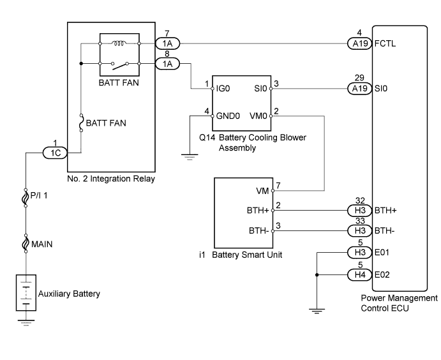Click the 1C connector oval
tap(55, 153)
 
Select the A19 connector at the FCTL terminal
tap(360, 43)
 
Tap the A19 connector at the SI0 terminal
tap(360, 89)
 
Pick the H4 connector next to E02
tap(360, 274)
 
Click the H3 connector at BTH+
tap(360, 211)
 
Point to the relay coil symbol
tap(119, 43)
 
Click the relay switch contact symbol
tap(119, 65)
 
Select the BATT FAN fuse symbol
tap(81, 123)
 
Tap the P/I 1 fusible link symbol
tap(26, 198)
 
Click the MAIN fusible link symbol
tap(26, 244)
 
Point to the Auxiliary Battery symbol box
tap(26, 292)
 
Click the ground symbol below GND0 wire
tap(190, 157)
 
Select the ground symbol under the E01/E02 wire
tap(317, 311)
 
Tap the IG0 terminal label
tap(223, 89)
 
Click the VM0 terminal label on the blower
tap(258, 116)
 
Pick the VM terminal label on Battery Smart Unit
tap(262, 191)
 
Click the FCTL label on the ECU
tap(385, 43)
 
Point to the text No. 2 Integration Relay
tap(111, 179)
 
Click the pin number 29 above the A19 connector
tap(359, 78)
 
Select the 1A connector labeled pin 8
tap(167, 64)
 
